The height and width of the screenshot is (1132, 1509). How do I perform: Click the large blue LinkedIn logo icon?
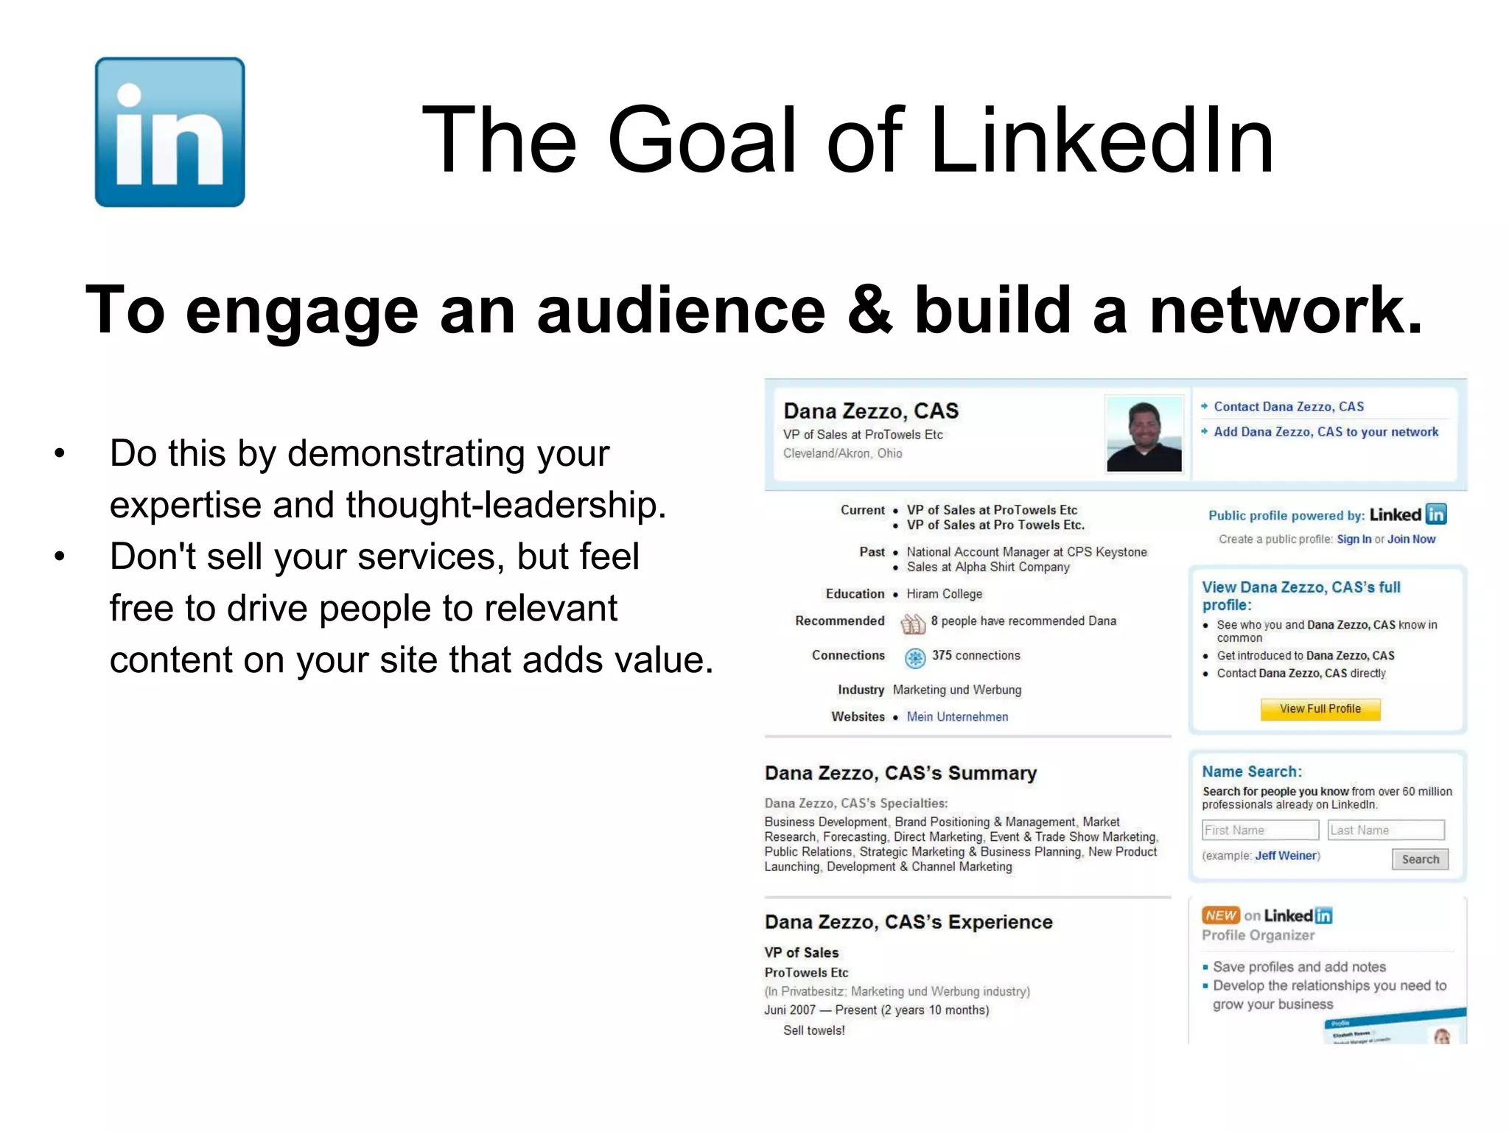click(x=169, y=132)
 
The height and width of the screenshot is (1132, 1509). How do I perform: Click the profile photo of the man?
click(x=1144, y=434)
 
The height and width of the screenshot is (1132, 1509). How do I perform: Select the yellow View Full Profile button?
click(x=1320, y=709)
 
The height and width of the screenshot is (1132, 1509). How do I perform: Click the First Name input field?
click(x=1259, y=831)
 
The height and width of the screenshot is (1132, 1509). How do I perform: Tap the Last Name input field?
click(x=1385, y=831)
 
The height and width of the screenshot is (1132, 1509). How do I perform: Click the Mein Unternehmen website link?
click(x=957, y=716)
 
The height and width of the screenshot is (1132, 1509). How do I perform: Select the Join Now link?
click(x=1411, y=539)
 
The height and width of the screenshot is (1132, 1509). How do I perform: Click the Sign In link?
click(x=1354, y=539)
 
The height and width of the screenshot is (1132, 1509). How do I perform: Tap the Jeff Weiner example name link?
click(x=1286, y=856)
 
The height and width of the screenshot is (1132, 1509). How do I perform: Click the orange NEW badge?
click(x=1221, y=915)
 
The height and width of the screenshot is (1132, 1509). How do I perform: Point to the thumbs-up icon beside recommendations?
click(x=913, y=624)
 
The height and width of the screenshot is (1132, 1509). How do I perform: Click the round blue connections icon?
click(x=914, y=657)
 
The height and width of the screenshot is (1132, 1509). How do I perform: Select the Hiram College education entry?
click(x=944, y=594)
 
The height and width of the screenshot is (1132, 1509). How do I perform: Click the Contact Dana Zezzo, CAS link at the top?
click(x=1288, y=407)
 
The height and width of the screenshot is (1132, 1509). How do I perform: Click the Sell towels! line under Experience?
click(x=813, y=1030)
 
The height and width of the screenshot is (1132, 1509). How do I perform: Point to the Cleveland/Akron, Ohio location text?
click(x=842, y=453)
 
